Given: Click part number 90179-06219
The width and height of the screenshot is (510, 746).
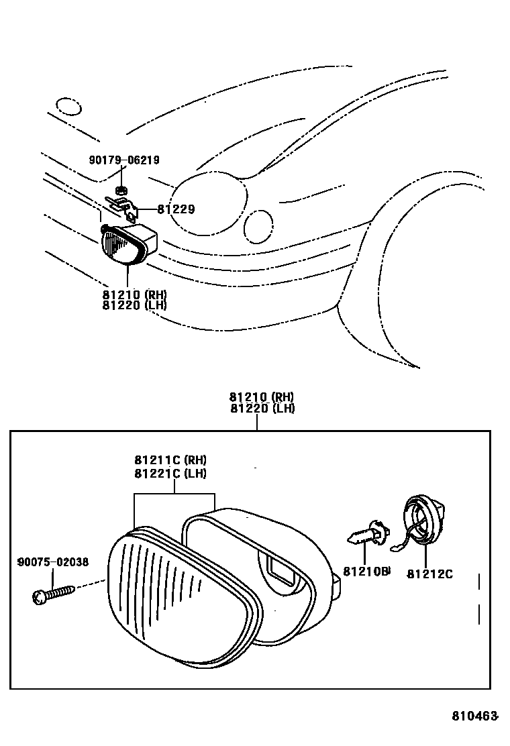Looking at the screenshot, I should point(124,160).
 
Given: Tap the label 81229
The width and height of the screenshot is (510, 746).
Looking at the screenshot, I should point(176,209).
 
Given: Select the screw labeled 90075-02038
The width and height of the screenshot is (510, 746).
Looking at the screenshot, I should point(53,594).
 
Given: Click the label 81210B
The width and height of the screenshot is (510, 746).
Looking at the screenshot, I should point(366,572).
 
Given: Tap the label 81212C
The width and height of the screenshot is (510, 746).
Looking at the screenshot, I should point(429,574).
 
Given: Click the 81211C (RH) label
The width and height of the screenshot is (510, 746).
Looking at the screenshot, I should point(170,460).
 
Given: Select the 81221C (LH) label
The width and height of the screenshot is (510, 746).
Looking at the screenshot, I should point(170,473).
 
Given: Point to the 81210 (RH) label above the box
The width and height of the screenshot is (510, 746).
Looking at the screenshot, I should point(262,396).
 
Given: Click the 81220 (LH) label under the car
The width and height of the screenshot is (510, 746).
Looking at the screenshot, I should point(134,305).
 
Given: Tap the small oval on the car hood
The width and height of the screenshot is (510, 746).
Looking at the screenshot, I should point(68,106).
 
